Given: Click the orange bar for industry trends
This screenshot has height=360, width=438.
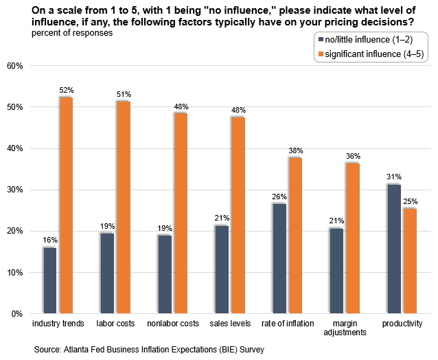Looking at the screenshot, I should tap(67, 206).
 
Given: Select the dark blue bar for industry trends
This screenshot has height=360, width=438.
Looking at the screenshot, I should tap(49, 280).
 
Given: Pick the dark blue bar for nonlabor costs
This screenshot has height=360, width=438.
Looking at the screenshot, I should tap(164, 274).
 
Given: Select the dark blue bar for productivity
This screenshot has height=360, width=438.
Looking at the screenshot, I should tap(393, 249).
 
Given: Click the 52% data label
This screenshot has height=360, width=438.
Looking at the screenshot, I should tap(67, 90).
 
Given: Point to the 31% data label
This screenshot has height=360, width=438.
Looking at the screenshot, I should tap(393, 177).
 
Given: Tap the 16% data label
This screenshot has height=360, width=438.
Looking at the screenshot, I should tap(49, 240).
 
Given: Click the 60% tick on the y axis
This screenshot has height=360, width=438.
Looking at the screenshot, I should tap(15, 66).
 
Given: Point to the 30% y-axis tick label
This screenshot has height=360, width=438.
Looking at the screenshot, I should tap(15, 190).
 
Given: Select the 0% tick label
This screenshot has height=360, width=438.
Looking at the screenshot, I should tap(18, 314).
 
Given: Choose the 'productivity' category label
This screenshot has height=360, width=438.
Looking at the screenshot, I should tap(402, 323).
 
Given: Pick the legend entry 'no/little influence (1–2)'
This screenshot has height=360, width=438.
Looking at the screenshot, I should tap(371, 40).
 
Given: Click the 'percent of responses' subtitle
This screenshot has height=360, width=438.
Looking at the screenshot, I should tap(68, 34).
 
